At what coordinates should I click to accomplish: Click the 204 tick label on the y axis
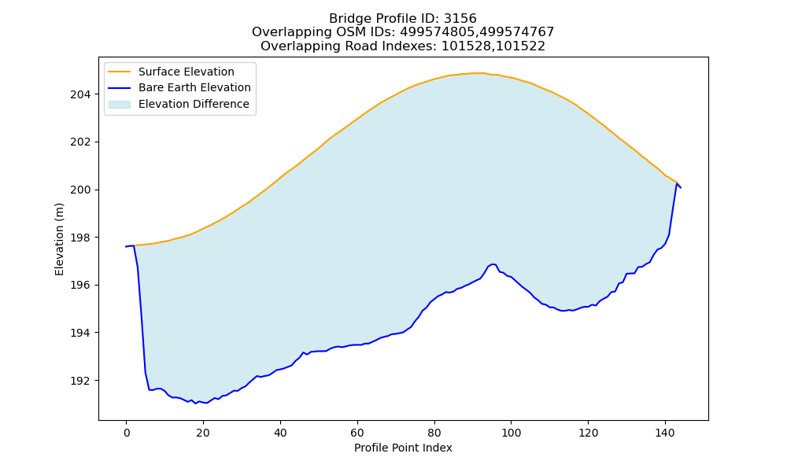click(x=80, y=94)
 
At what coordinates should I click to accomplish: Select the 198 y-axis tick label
click(x=80, y=238)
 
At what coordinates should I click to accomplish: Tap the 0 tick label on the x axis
click(x=127, y=433)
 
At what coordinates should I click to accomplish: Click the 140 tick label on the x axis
click(x=665, y=433)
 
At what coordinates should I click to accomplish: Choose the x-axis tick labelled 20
click(x=203, y=433)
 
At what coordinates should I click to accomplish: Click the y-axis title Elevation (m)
click(x=59, y=239)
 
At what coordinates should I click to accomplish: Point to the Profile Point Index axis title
click(x=403, y=448)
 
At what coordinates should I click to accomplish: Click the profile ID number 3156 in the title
click(x=460, y=19)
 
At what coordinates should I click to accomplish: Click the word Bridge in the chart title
click(x=345, y=19)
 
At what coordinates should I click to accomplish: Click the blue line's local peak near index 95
click(x=493, y=264)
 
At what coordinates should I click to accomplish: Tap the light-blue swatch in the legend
click(x=120, y=104)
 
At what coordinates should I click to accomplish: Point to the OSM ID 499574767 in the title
click(x=515, y=32)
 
